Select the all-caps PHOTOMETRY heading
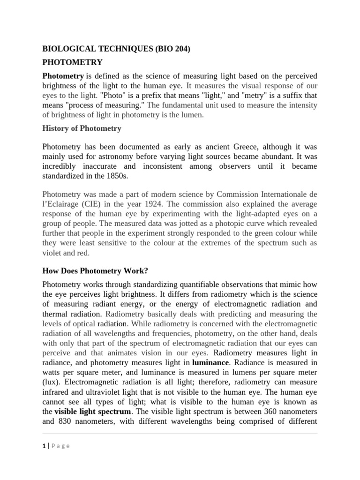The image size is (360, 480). tap(73, 62)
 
